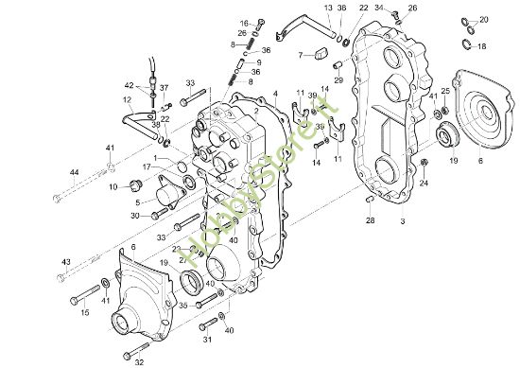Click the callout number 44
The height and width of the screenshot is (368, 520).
point(74,173)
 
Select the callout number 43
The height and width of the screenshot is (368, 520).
point(66,261)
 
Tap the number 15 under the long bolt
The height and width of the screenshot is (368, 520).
point(84,313)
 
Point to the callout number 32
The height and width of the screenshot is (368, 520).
point(139,362)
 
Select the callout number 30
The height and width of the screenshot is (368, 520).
point(135,216)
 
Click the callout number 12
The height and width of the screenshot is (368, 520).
point(126,99)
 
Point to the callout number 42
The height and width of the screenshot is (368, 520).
point(130,85)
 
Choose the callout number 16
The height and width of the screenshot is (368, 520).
point(243,23)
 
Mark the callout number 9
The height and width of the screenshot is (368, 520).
point(259,62)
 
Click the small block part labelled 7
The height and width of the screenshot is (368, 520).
point(321,56)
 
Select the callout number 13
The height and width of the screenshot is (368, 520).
point(327,8)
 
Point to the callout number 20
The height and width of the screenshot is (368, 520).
point(484,20)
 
